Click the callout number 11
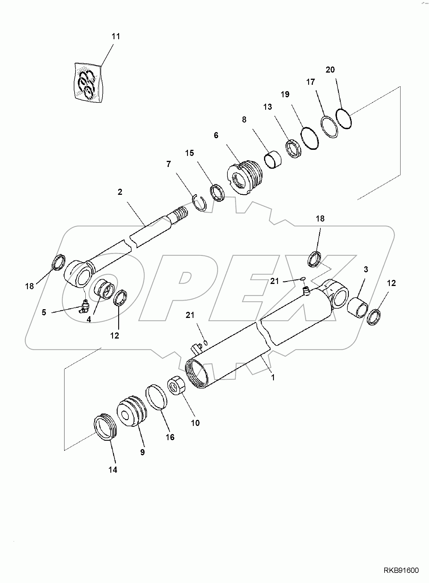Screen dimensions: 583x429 [116, 37]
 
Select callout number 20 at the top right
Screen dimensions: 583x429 [330, 70]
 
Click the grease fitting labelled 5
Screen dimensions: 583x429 [85, 307]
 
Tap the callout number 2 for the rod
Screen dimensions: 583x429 [120, 192]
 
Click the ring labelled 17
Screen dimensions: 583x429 [329, 127]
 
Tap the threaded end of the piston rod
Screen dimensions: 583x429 [181, 214]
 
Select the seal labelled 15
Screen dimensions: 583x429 [217, 192]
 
